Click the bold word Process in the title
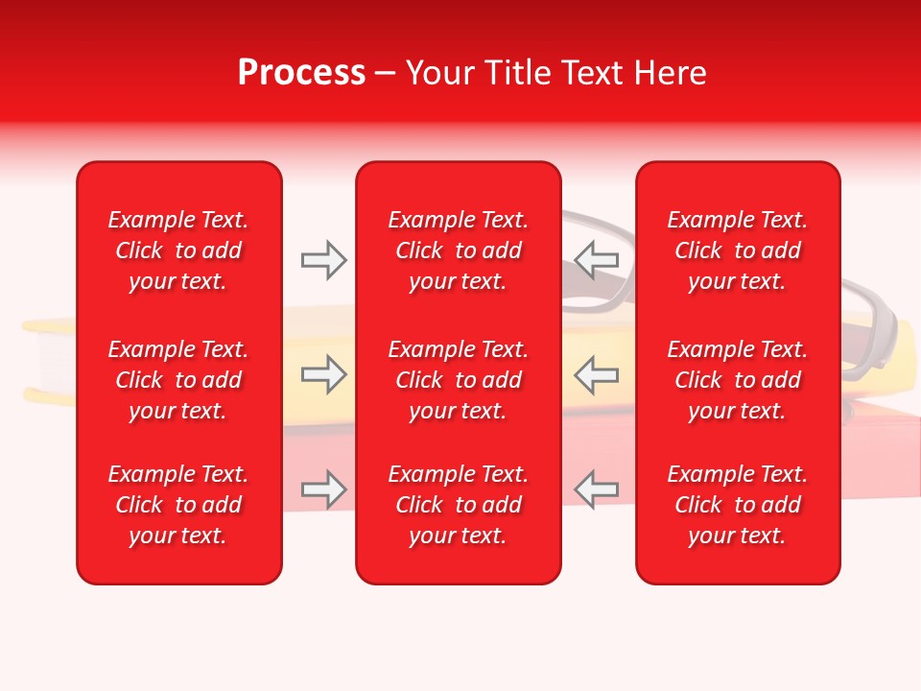tap(301, 73)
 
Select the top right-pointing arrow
tap(323, 259)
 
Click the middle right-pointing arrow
tap(323, 374)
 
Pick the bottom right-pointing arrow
tap(323, 489)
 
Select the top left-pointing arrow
tap(596, 259)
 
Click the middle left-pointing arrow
tap(596, 374)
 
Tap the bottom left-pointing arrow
tap(596, 489)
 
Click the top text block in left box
tap(178, 250)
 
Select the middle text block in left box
tap(178, 380)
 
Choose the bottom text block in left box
tap(178, 505)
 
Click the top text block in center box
tap(459, 250)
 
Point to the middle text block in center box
tap(459, 380)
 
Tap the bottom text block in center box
tap(459, 505)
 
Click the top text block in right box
tap(738, 250)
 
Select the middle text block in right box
tap(738, 380)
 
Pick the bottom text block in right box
tap(738, 505)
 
